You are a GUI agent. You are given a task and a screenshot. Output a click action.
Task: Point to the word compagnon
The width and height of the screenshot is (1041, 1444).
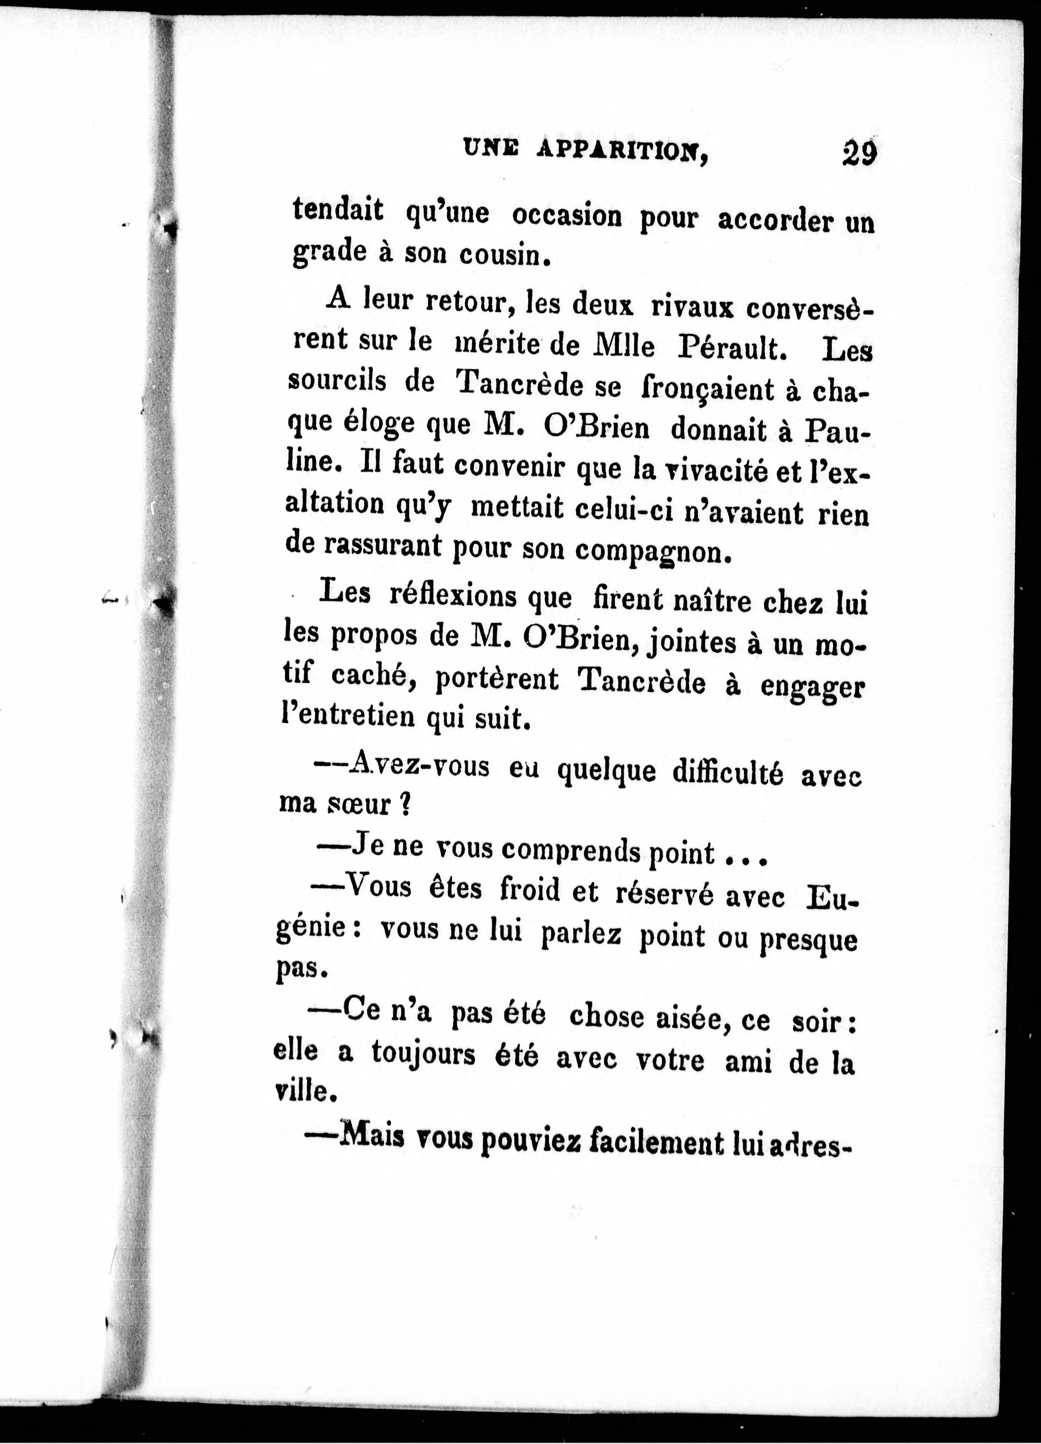pyautogui.click(x=651, y=549)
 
